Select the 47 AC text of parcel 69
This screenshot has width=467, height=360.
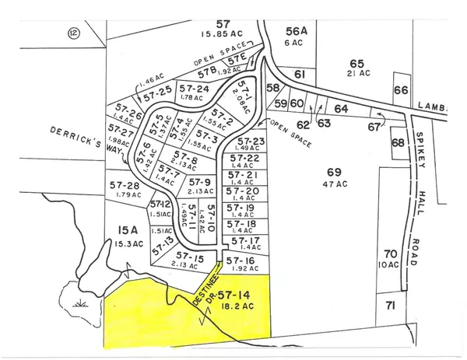[x=335, y=184]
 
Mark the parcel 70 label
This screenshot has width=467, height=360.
[x=391, y=253]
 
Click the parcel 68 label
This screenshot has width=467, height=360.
[x=398, y=143]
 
